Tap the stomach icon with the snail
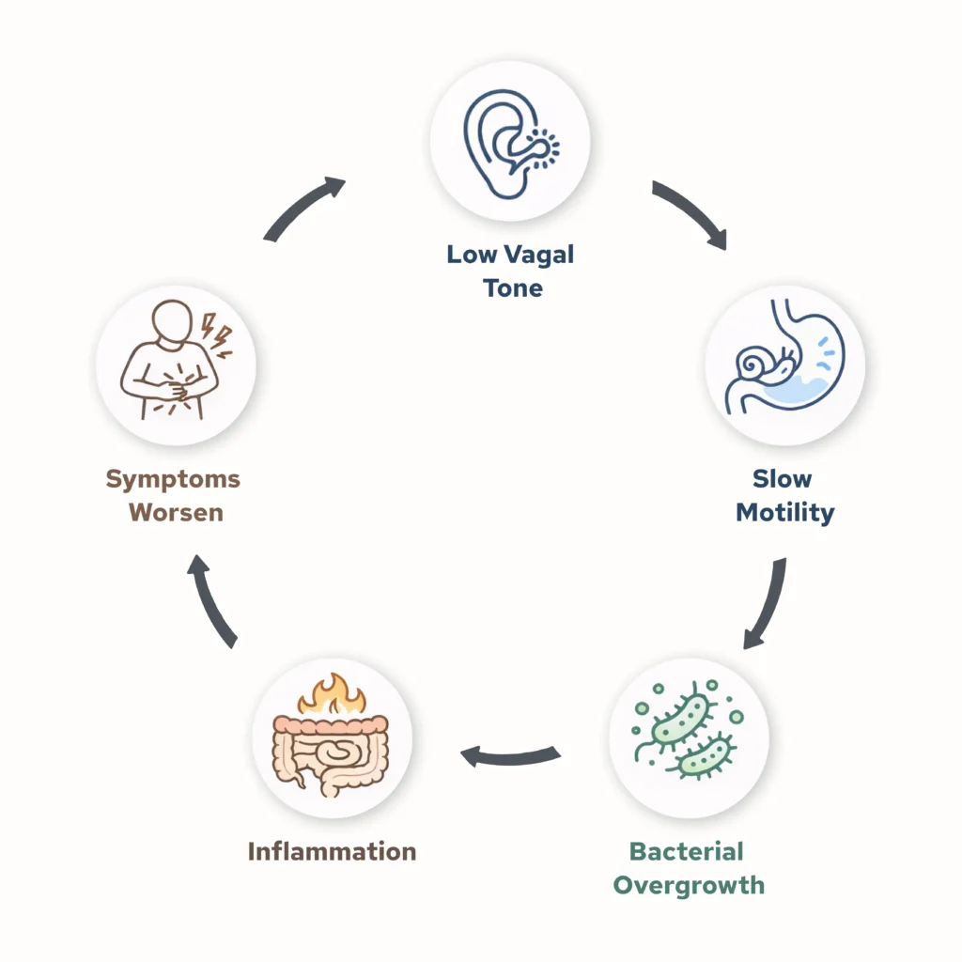coord(784,365)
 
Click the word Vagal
coord(540,255)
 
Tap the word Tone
coord(512,287)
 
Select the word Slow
coord(782,479)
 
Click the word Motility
coord(784,513)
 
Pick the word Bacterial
coord(687,851)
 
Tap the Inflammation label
coord(332,851)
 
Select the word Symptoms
coord(173,479)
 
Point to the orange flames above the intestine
coord(331,695)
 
